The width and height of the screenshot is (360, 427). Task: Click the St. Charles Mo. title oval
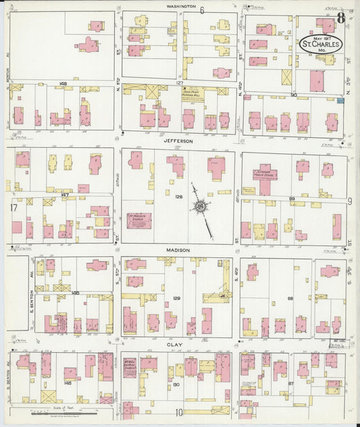point(321,44)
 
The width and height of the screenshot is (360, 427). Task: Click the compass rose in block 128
point(201,205)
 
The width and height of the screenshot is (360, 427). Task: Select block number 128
point(178,197)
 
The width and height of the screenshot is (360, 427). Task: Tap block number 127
point(180,83)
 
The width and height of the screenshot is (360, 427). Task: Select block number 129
point(176,298)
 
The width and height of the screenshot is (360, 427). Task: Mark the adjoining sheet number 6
point(201,9)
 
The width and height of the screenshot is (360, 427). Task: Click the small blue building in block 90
point(340,100)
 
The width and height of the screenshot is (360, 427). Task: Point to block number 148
point(62,84)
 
